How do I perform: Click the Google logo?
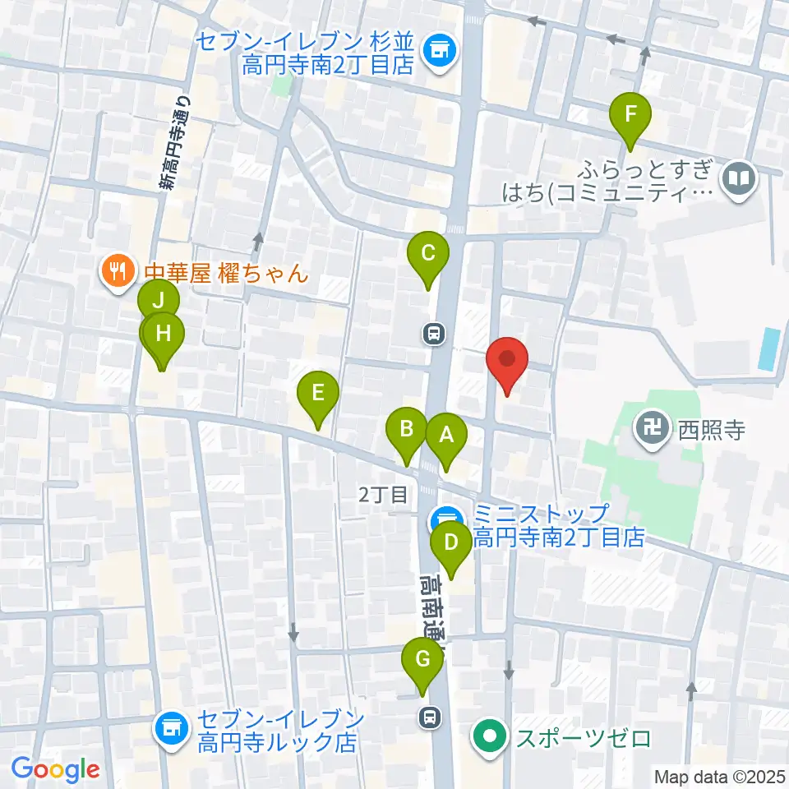click(x=55, y=769)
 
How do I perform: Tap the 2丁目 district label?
click(x=383, y=494)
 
